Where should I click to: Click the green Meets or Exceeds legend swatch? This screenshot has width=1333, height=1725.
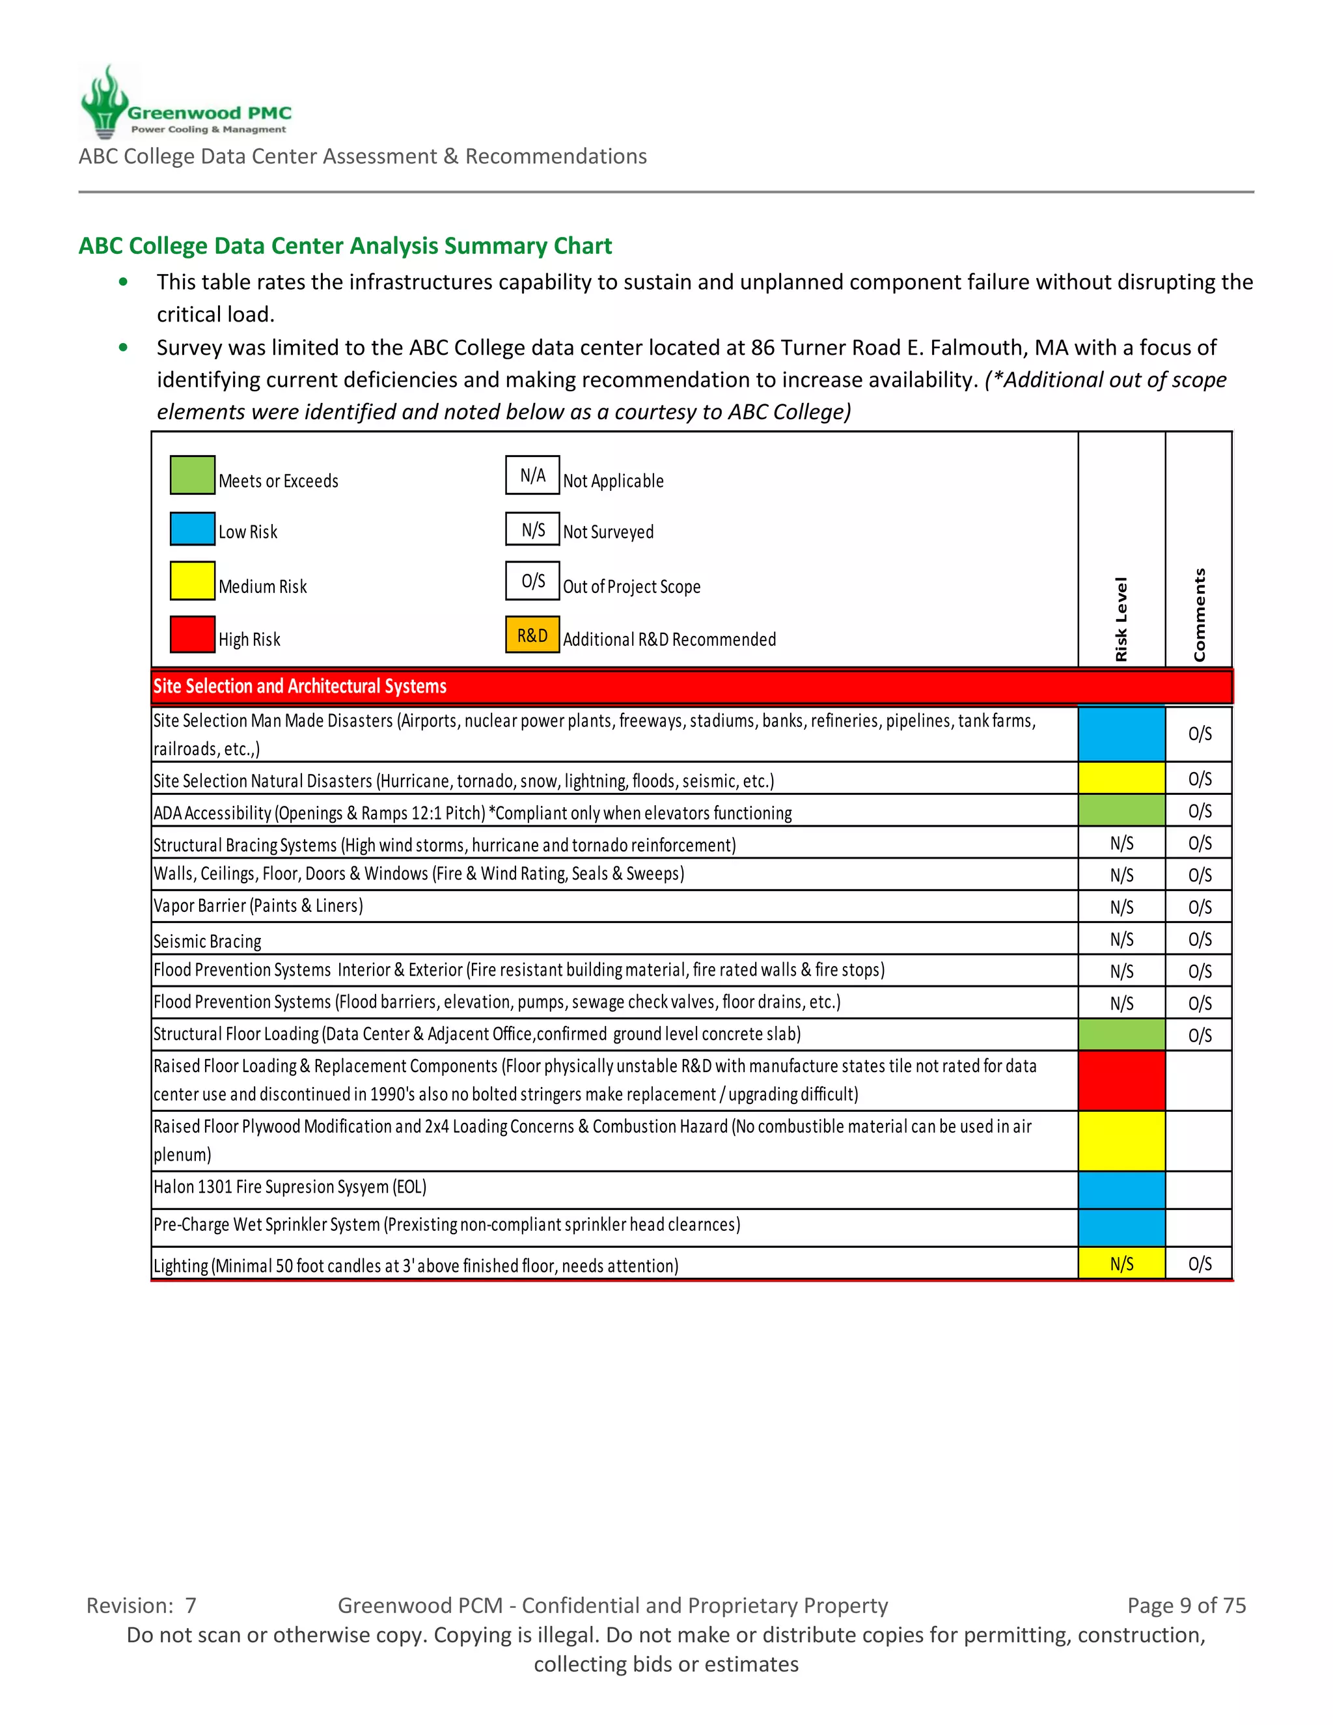pos(192,475)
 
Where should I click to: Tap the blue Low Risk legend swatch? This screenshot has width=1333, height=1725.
pos(192,529)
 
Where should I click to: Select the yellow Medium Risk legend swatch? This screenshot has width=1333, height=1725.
pos(192,581)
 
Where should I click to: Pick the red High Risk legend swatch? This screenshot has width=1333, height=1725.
pos(192,634)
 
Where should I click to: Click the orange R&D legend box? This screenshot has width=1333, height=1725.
pos(532,635)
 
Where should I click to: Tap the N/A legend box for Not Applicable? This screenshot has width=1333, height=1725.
pos(532,475)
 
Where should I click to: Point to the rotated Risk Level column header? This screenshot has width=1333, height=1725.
pos(1121,619)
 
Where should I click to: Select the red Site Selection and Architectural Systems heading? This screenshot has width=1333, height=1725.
pos(300,686)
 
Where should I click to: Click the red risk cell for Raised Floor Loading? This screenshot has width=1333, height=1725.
pos(1121,1080)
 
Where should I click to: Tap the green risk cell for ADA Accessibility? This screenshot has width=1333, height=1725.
pos(1121,810)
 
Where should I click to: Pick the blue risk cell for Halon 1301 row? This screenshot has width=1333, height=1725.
pos(1121,1189)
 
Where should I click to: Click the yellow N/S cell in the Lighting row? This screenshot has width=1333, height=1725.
pos(1121,1263)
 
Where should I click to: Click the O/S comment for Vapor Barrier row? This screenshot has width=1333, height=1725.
pos(1200,907)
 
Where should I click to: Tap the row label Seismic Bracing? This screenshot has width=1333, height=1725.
pos(207,941)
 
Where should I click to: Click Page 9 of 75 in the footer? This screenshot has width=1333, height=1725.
pos(1186,1605)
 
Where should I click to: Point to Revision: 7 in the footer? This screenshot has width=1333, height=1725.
pos(141,1605)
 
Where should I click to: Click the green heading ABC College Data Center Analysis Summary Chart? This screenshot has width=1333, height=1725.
pos(345,245)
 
